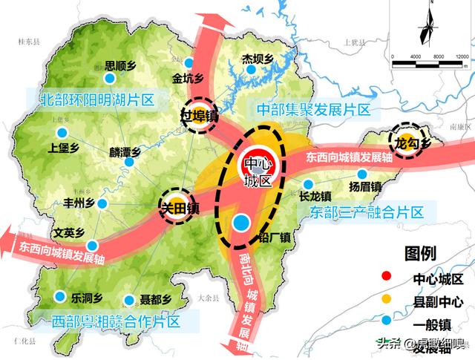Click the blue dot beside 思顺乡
pos(110,77)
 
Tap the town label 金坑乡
pos(187,77)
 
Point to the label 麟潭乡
pos(125,153)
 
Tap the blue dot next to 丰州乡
pos(103,203)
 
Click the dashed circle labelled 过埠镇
pos(200,116)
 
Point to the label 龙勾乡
pos(411,143)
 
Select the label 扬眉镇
pos(365,186)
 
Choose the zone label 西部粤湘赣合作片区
pos(117,322)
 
